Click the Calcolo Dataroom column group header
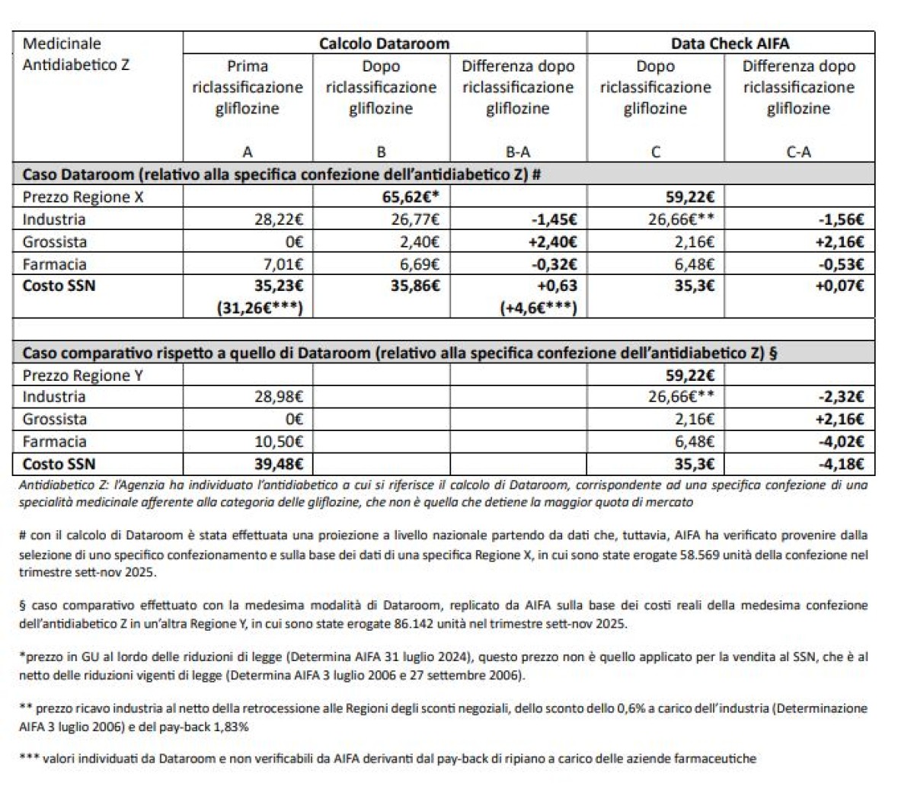point(384,43)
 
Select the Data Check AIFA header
point(730,43)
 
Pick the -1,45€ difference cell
point(553,220)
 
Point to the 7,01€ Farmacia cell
point(282,264)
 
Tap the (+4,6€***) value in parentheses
point(538,308)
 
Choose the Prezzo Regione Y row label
point(82,376)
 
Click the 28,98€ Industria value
point(279,397)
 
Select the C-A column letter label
point(798,152)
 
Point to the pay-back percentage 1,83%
point(228,727)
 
